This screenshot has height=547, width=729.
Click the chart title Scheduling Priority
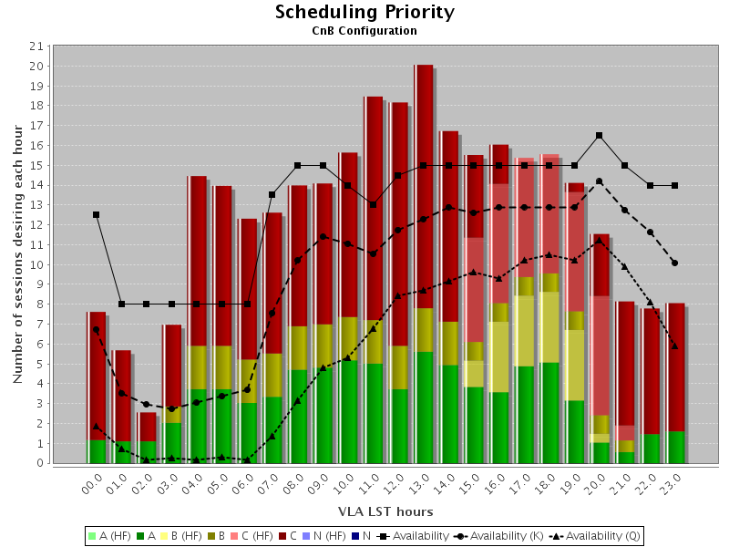[x=364, y=12]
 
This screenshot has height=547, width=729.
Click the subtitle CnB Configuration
[x=364, y=31]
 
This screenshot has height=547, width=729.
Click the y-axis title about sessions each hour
[x=18, y=254]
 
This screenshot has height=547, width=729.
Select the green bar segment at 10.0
[x=348, y=410]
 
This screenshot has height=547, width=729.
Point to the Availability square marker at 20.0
[x=600, y=136]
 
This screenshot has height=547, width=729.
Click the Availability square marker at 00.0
[x=96, y=215]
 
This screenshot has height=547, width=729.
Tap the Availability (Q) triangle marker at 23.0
[x=675, y=346]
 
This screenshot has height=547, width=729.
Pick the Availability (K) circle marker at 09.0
[x=323, y=237]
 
